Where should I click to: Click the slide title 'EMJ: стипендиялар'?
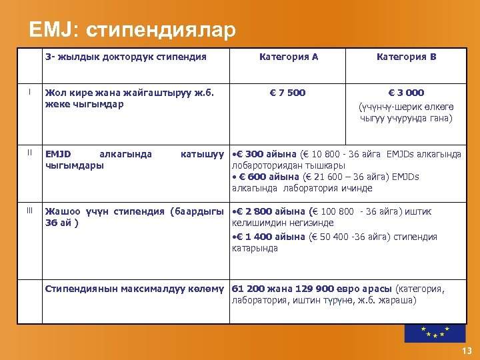[x=132, y=31]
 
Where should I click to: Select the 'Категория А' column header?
[x=288, y=57]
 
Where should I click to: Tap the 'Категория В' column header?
[x=406, y=57]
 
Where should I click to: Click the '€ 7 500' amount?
[x=288, y=93]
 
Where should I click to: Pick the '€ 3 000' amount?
[x=406, y=93]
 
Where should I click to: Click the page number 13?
[x=465, y=351]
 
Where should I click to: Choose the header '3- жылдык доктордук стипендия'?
[x=125, y=57]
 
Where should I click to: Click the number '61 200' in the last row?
[x=247, y=289]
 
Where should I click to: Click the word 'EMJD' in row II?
[x=58, y=154]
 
